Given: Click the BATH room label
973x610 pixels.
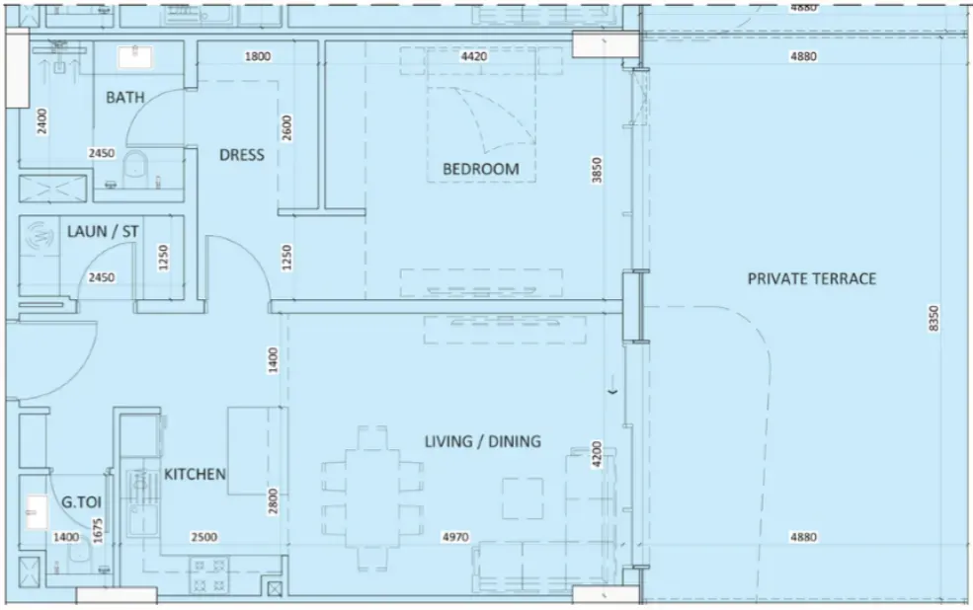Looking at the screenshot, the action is [124, 98].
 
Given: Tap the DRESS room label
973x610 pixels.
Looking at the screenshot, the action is [242, 154].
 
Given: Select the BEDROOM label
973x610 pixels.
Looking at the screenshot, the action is [481, 169].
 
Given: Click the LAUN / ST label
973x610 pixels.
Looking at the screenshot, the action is [103, 231].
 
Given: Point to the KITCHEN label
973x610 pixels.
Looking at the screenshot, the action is [195, 474].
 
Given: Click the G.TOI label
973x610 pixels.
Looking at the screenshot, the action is [81, 501].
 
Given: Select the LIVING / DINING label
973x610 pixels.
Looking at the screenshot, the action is [483, 441].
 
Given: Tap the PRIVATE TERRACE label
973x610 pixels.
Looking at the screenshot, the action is [812, 279].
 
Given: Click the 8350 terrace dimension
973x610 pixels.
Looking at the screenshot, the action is [934, 318].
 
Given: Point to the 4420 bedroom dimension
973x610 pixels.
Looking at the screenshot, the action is [474, 56].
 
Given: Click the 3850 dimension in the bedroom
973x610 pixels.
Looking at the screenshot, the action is [597, 170].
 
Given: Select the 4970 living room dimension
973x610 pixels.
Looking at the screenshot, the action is [455, 537].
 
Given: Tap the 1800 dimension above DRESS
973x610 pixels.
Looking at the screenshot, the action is [258, 56].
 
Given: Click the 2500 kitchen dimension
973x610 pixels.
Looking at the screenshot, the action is [204, 537].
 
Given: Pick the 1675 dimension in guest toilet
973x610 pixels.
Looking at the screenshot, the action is [98, 531].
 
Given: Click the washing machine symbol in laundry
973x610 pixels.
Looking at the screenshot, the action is [40, 236].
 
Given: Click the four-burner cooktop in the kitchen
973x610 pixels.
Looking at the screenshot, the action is [209, 574].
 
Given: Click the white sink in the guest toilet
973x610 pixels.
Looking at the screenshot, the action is [36, 511].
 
